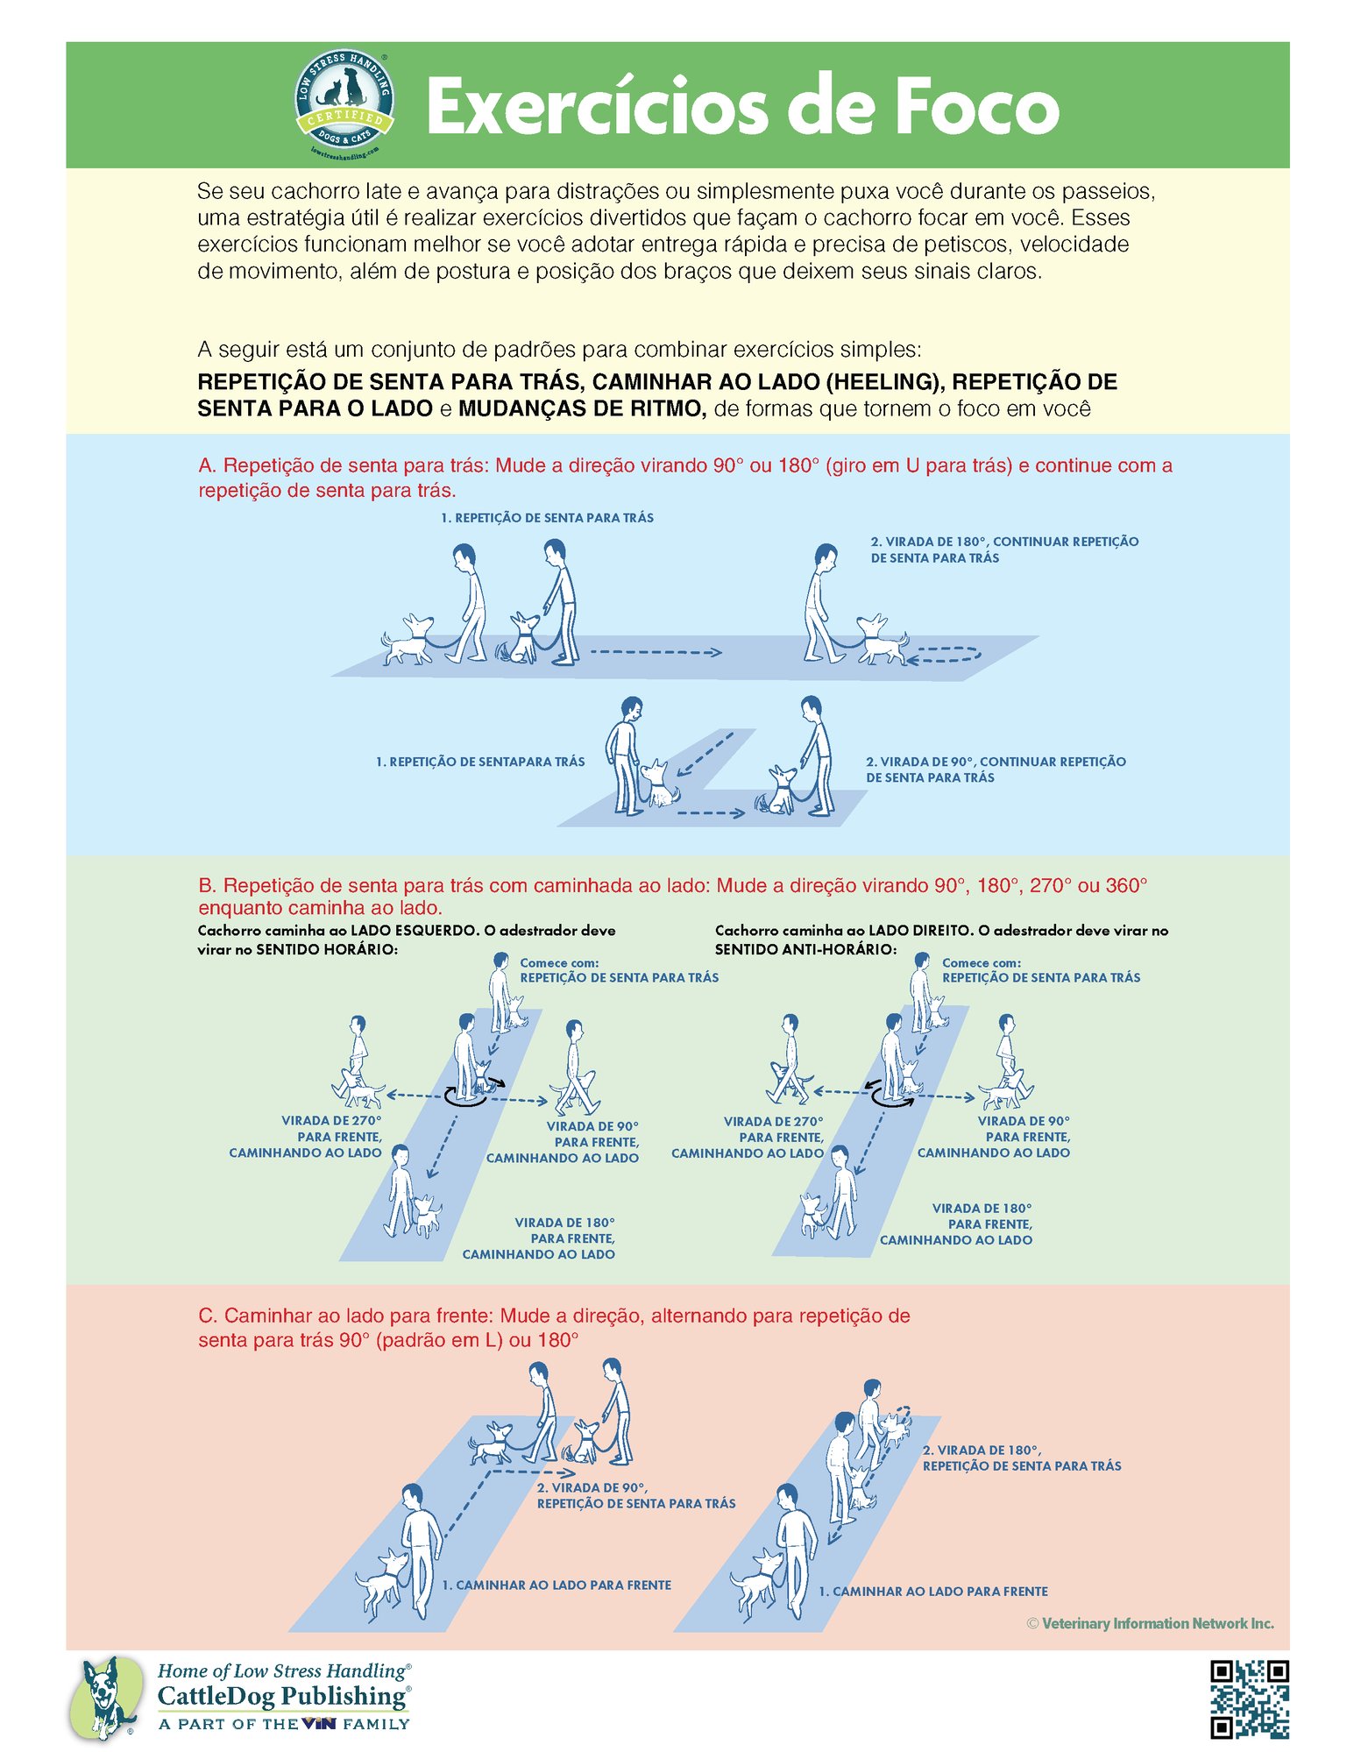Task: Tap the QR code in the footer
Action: [x=1249, y=1699]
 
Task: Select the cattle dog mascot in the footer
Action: [x=106, y=1698]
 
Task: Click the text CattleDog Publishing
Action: [x=282, y=1696]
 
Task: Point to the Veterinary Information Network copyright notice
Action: [x=1150, y=1623]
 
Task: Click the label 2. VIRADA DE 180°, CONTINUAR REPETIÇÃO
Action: [x=1004, y=542]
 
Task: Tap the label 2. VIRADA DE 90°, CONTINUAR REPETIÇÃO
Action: [x=996, y=762]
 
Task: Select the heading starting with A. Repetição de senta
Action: [x=684, y=478]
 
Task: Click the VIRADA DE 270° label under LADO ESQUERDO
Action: [x=305, y=1137]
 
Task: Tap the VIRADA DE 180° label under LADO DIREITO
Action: [x=956, y=1224]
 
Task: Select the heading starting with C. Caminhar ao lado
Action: [x=554, y=1327]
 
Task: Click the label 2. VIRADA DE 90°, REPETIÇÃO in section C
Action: [x=636, y=1495]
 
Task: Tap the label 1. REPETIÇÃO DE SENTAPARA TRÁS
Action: [x=480, y=762]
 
